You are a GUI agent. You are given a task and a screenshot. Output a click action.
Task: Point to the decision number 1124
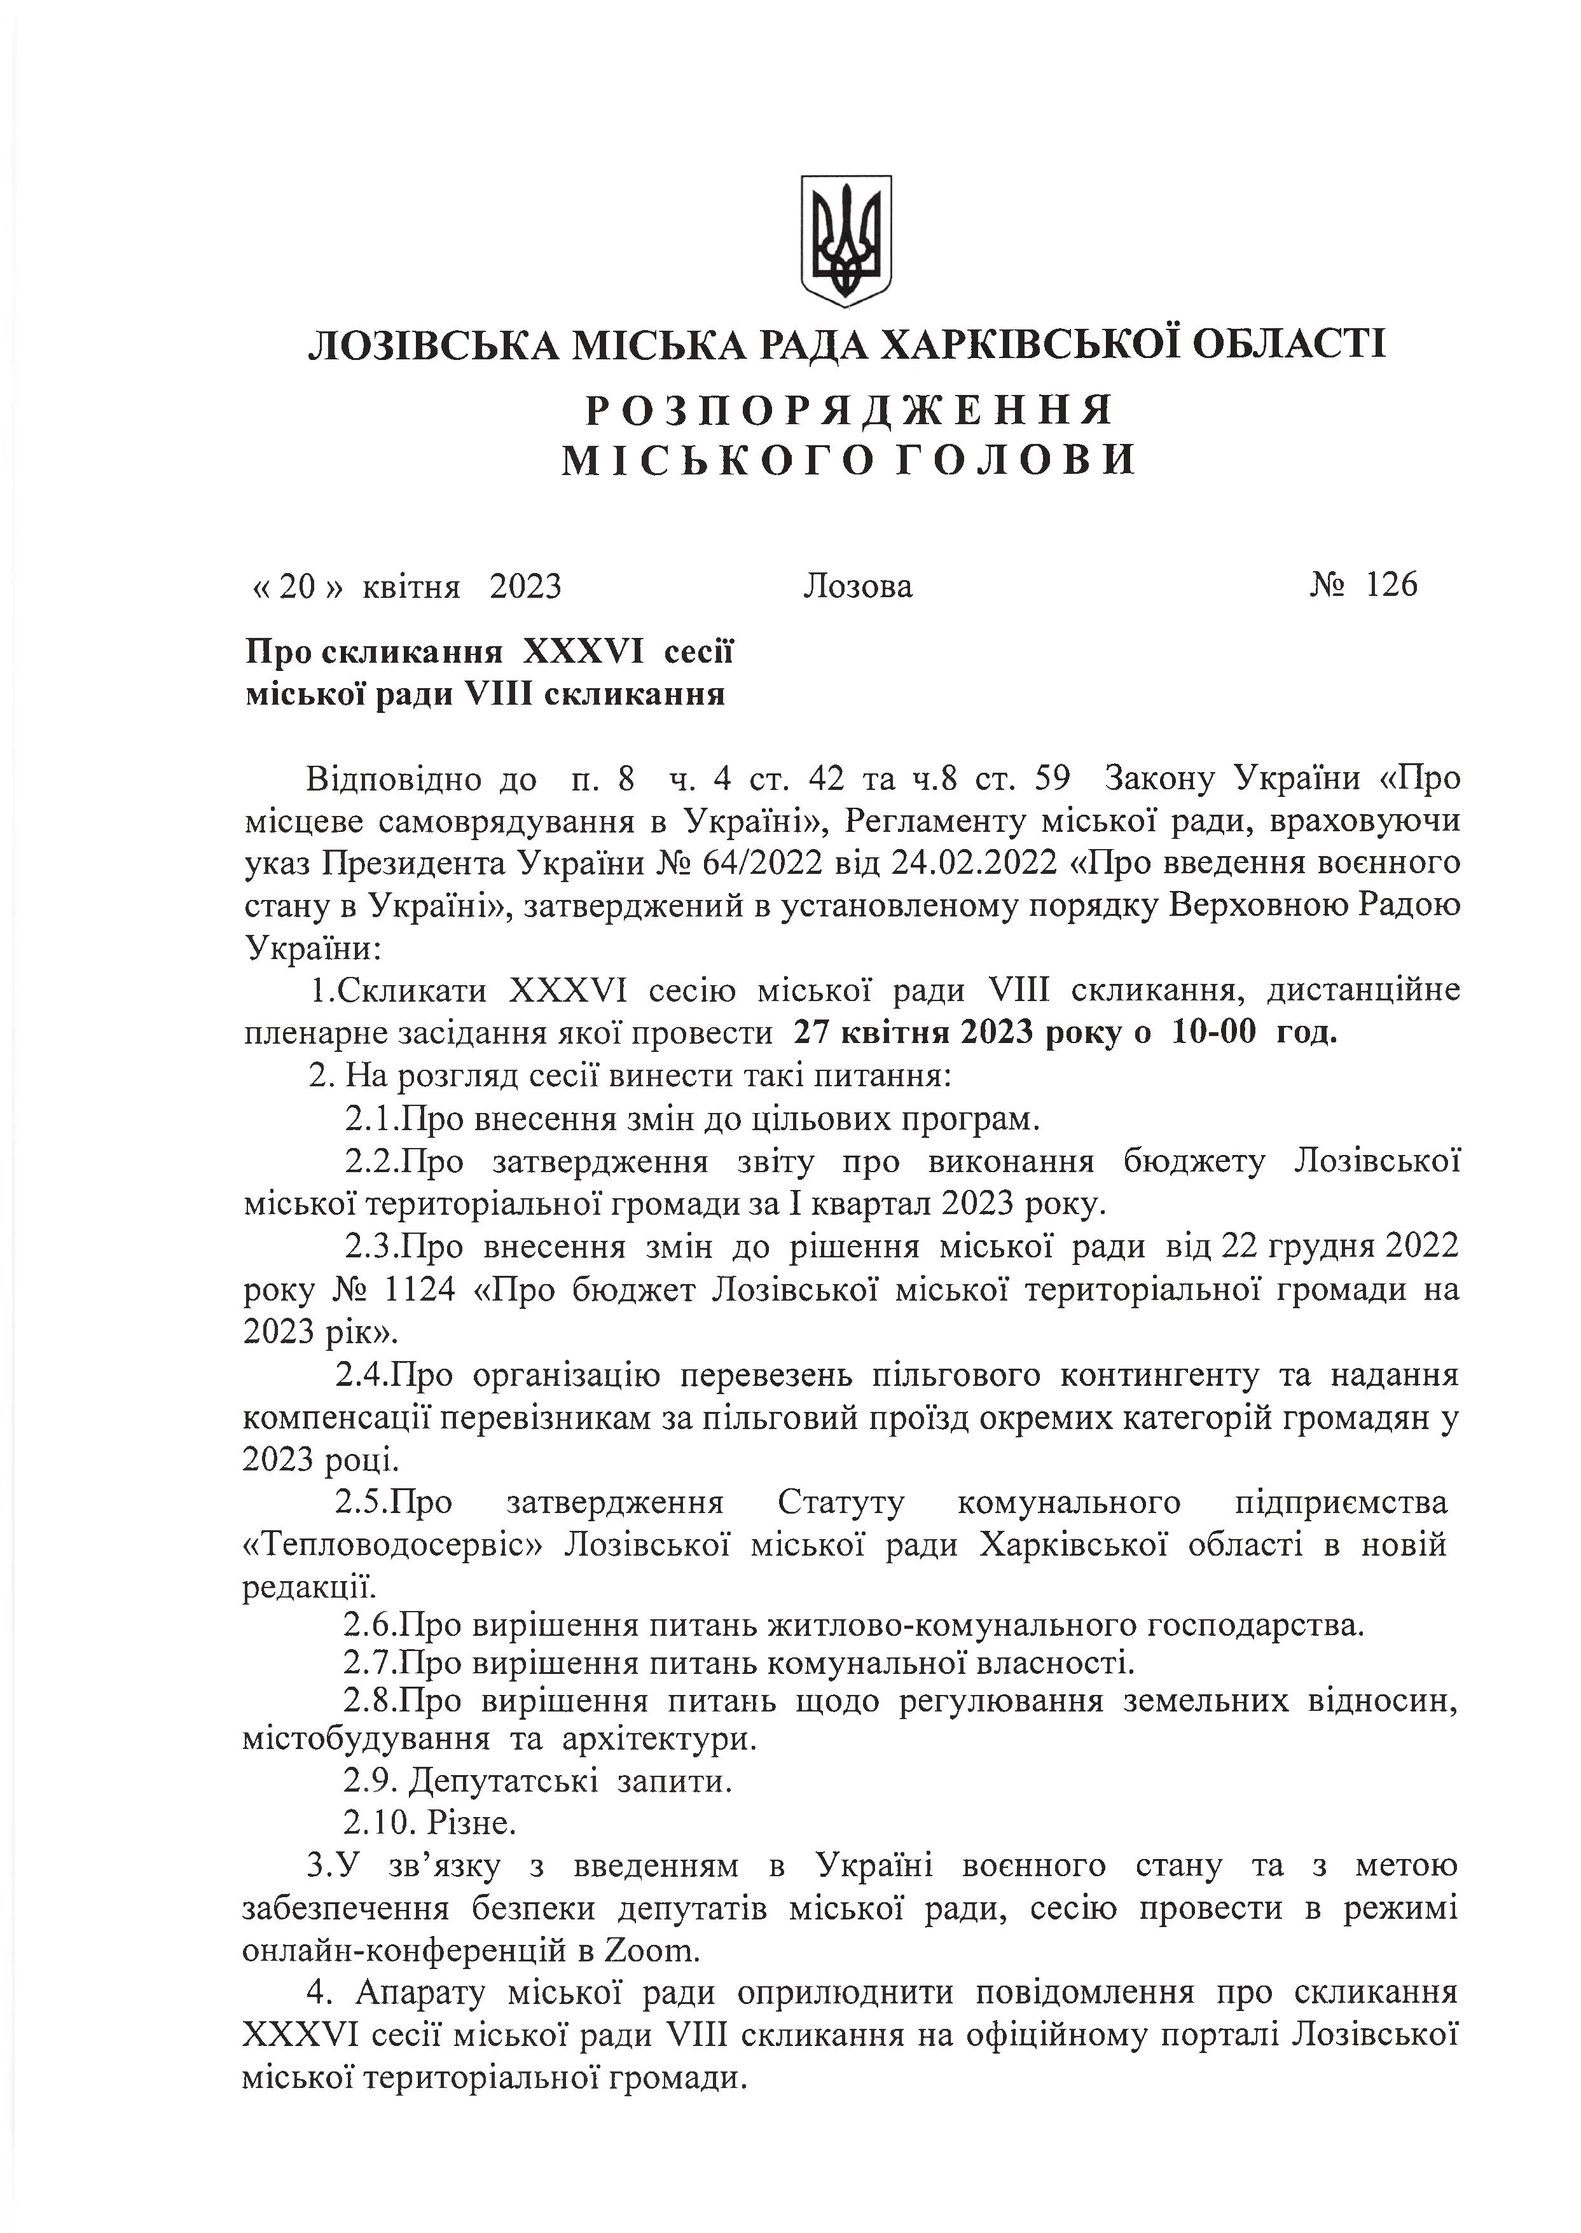420,1290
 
